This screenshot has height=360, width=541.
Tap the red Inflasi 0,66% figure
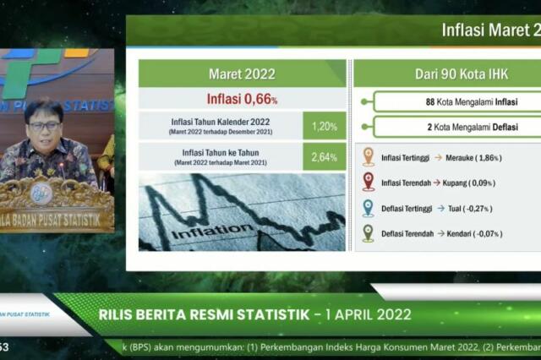pos(242,99)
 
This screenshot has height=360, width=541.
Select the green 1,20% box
pos(325,126)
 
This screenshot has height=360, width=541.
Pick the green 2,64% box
pos(325,157)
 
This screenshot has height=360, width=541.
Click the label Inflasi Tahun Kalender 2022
pos(220,123)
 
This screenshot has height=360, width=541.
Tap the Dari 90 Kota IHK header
pos(448,74)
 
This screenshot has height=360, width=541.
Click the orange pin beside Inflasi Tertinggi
pos(369,156)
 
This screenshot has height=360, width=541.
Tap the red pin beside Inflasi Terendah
pos(369,182)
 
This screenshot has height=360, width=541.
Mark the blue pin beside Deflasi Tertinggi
pos(369,208)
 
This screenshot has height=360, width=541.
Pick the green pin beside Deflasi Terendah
pos(369,232)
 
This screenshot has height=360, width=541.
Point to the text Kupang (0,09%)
pos(466,183)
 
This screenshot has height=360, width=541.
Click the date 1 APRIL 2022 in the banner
pos(363,315)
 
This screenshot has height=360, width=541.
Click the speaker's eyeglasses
pos(43,126)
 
